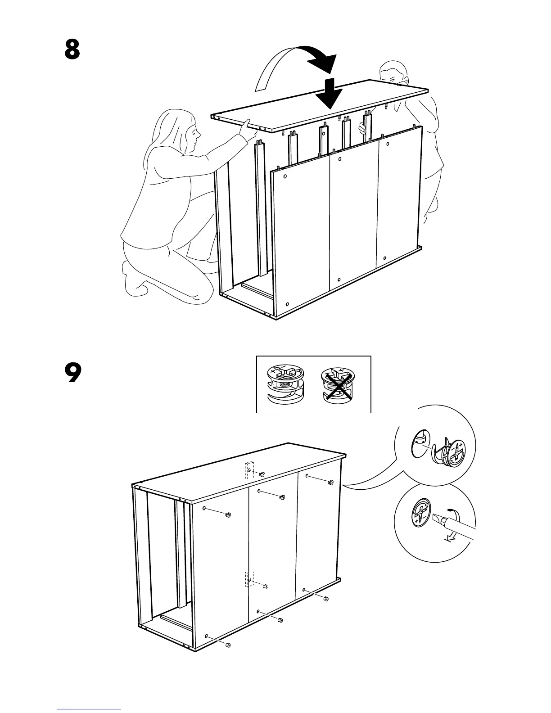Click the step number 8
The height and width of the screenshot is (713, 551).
72,50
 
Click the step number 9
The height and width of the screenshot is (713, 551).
73,373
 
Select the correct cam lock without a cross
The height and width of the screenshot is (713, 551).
285,384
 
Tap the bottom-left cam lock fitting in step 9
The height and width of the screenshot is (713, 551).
227,645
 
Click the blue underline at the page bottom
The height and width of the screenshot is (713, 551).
89,709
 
